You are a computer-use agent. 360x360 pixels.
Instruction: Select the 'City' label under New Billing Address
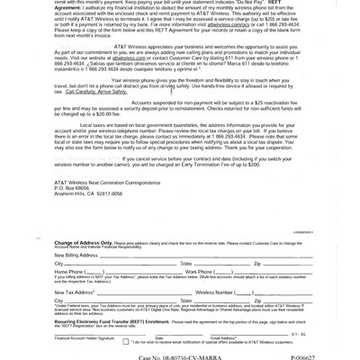pyautogui.click(x=60, y=263)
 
